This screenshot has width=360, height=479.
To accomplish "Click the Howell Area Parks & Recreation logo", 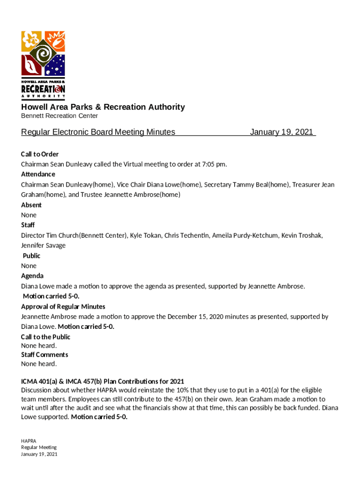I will tap(43, 65).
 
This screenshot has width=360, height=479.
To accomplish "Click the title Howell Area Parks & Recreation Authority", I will tap(103, 107).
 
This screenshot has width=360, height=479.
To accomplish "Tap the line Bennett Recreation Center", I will tap(59, 116).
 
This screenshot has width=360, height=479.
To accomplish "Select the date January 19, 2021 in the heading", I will tap(281, 132).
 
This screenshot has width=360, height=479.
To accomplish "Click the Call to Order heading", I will tap(40, 154).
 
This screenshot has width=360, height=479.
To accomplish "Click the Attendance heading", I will tap(38, 174).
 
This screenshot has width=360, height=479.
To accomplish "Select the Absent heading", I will tap(31, 205).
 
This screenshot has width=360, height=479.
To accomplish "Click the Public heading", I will tap(32, 256).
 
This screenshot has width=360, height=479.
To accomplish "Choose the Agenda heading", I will tap(32, 276).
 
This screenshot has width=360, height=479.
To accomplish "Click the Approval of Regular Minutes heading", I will tap(63, 307).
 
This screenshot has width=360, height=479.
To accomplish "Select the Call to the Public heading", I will tap(46, 337).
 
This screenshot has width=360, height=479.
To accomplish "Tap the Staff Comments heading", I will tap(44, 355).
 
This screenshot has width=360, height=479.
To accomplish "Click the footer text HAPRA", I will tap(29, 441).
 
